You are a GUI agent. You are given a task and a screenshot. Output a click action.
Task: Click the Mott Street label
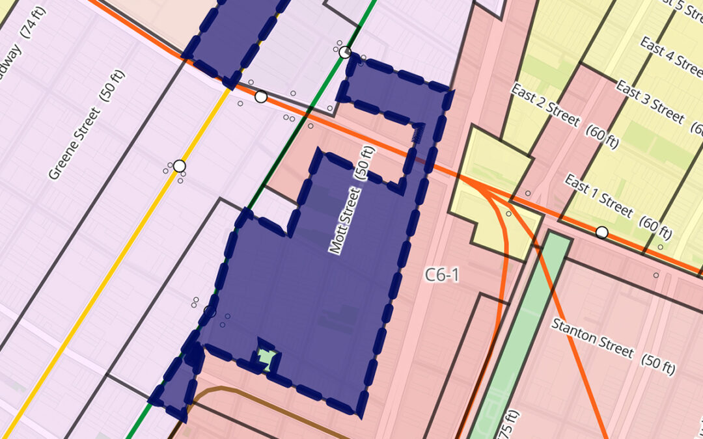pyautogui.click(x=345, y=220)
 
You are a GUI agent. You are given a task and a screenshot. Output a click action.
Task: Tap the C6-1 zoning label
pyautogui.click(x=443, y=275)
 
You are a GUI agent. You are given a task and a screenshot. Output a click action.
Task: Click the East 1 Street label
pyautogui.click(x=598, y=195)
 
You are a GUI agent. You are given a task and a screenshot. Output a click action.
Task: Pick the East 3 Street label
pyautogui.click(x=649, y=101)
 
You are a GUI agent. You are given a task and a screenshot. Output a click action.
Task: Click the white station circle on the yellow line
pyautogui.click(x=179, y=166)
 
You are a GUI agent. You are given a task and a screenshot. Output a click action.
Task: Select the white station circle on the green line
pyautogui.click(x=345, y=53)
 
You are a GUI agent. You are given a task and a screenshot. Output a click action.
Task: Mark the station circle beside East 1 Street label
pyautogui.click(x=602, y=232)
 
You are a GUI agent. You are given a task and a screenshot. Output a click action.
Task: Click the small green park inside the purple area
pyautogui.click(x=266, y=358)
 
